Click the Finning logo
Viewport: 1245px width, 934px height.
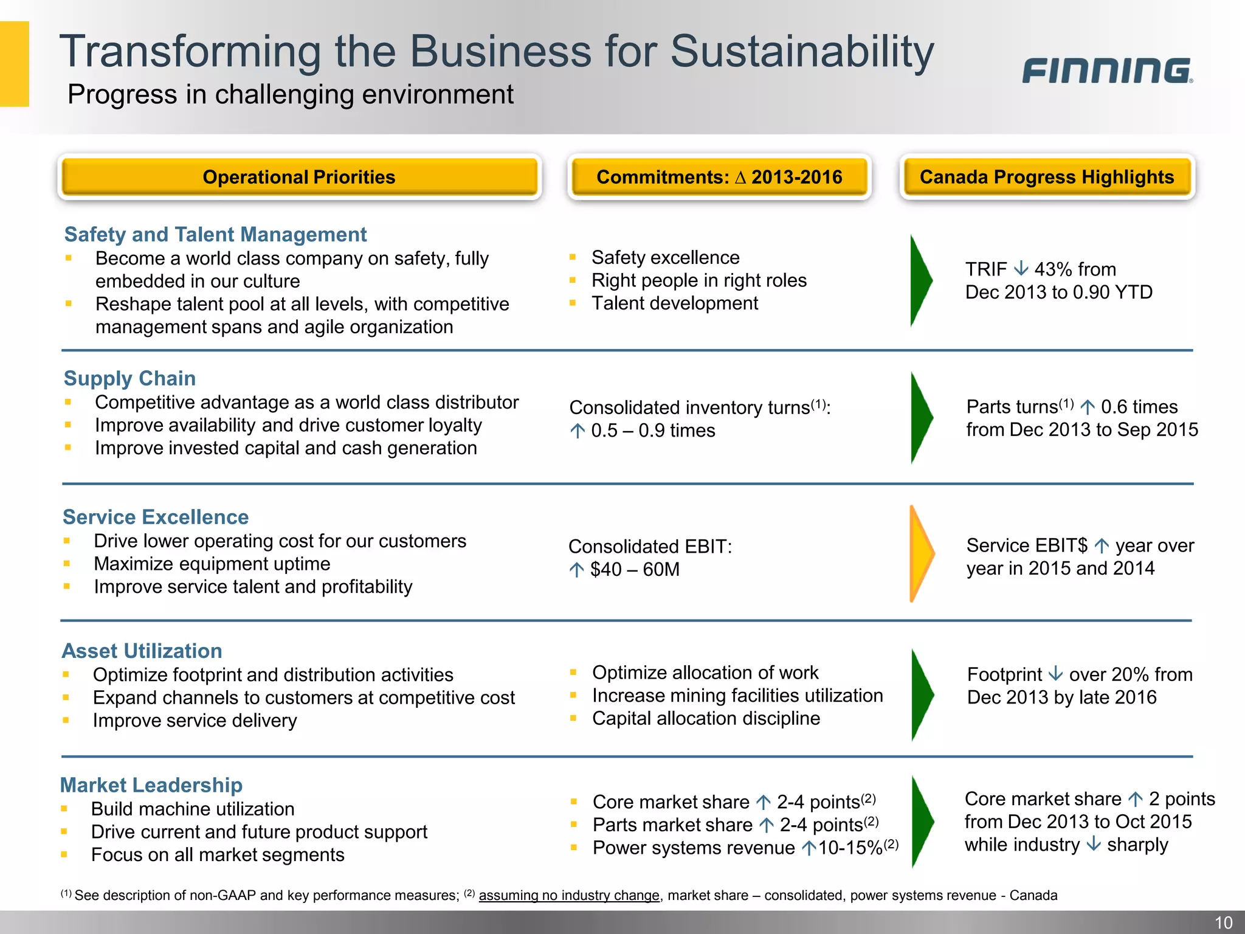click(1106, 71)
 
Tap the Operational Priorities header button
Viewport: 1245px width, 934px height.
click(299, 177)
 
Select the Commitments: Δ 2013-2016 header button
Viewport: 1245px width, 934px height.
click(719, 177)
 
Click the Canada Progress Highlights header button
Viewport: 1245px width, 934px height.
click(1047, 177)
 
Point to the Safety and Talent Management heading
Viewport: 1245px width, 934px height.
click(215, 235)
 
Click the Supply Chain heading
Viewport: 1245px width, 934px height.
click(129, 378)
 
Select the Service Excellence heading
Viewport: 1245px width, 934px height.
click(156, 517)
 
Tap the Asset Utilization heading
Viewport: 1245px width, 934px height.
click(142, 651)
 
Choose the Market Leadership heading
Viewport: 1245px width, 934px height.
click(151, 785)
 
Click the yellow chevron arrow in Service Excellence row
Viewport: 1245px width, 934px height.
click(920, 553)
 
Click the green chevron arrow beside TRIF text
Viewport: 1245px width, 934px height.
click(920, 280)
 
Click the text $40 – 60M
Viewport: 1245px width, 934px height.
click(635, 570)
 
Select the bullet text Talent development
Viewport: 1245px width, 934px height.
click(675, 303)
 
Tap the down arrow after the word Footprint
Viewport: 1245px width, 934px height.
click(1056, 674)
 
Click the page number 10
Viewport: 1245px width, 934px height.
click(1223, 922)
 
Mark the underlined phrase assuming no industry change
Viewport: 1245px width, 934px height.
click(569, 895)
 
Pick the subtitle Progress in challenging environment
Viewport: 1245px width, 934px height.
click(291, 94)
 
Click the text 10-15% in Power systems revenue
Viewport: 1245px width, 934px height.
click(850, 848)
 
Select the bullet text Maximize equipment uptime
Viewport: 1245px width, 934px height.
click(212, 564)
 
